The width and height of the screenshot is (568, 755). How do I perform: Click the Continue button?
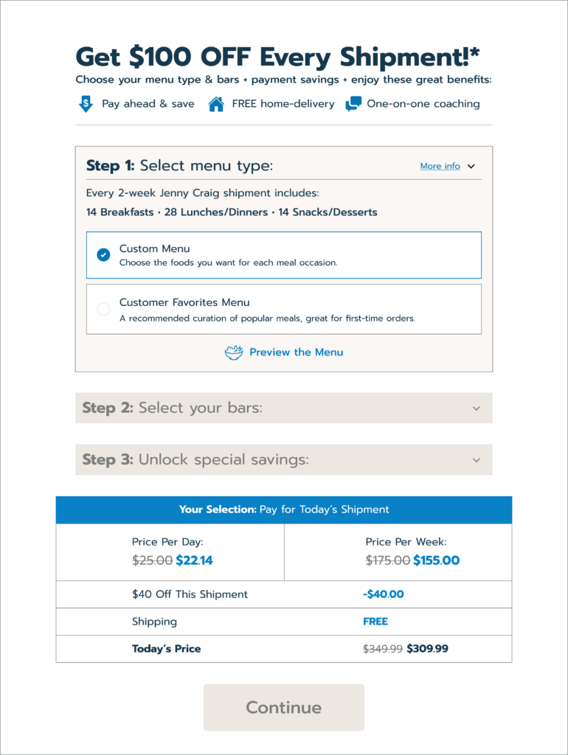click(284, 708)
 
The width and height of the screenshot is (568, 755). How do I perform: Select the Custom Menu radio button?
click(103, 255)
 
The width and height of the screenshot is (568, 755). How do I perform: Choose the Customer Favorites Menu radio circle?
click(103, 309)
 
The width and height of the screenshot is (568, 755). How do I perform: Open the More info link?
click(440, 167)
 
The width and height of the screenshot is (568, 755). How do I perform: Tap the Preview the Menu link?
click(296, 352)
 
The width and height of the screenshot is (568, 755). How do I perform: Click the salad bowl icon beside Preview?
click(234, 352)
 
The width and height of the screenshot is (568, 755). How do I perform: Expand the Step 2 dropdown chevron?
click(477, 408)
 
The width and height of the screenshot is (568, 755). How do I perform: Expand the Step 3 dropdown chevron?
click(477, 460)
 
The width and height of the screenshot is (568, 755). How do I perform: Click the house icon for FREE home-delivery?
click(216, 104)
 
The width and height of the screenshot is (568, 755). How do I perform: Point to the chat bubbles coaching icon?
click(353, 104)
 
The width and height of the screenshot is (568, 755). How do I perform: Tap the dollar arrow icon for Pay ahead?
click(86, 104)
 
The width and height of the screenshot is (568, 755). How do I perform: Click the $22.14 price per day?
click(194, 560)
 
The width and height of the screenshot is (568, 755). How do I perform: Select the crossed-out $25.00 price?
click(152, 560)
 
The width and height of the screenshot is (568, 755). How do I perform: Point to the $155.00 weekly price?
click(436, 560)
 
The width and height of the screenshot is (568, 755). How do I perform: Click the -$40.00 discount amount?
click(384, 594)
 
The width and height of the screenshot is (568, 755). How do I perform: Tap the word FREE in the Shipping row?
click(375, 622)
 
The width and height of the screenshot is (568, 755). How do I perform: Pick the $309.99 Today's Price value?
click(427, 649)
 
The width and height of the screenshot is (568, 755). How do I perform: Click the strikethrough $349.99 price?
click(383, 649)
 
